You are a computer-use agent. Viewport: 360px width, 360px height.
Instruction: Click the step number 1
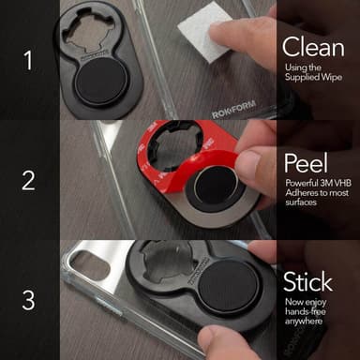[x=28, y=60]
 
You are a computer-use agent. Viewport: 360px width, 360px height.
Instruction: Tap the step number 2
[x=28, y=181]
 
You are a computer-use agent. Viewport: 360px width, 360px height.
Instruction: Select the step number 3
[x=28, y=300]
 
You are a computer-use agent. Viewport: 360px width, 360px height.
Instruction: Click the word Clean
[x=313, y=47]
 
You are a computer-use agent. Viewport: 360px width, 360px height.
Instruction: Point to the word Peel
[x=306, y=163]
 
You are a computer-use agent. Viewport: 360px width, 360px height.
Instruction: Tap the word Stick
[x=307, y=281]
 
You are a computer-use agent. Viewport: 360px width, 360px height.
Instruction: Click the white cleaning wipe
[x=204, y=36]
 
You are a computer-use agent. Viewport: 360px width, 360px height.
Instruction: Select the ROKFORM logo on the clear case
[x=233, y=110]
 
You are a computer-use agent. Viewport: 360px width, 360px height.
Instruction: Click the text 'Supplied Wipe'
[x=313, y=77]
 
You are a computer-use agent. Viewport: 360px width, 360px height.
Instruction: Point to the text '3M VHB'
[x=336, y=183]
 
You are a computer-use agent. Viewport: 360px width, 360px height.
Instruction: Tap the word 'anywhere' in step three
[x=304, y=321]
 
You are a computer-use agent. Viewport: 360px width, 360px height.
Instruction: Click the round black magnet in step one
[x=100, y=82]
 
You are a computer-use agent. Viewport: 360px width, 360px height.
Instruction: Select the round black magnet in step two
[x=215, y=185]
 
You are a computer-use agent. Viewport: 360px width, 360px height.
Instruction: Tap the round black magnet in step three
[x=229, y=287]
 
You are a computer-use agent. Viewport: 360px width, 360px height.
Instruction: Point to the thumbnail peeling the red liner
[x=248, y=165]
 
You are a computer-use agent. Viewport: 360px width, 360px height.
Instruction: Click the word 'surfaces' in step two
[x=301, y=202]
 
